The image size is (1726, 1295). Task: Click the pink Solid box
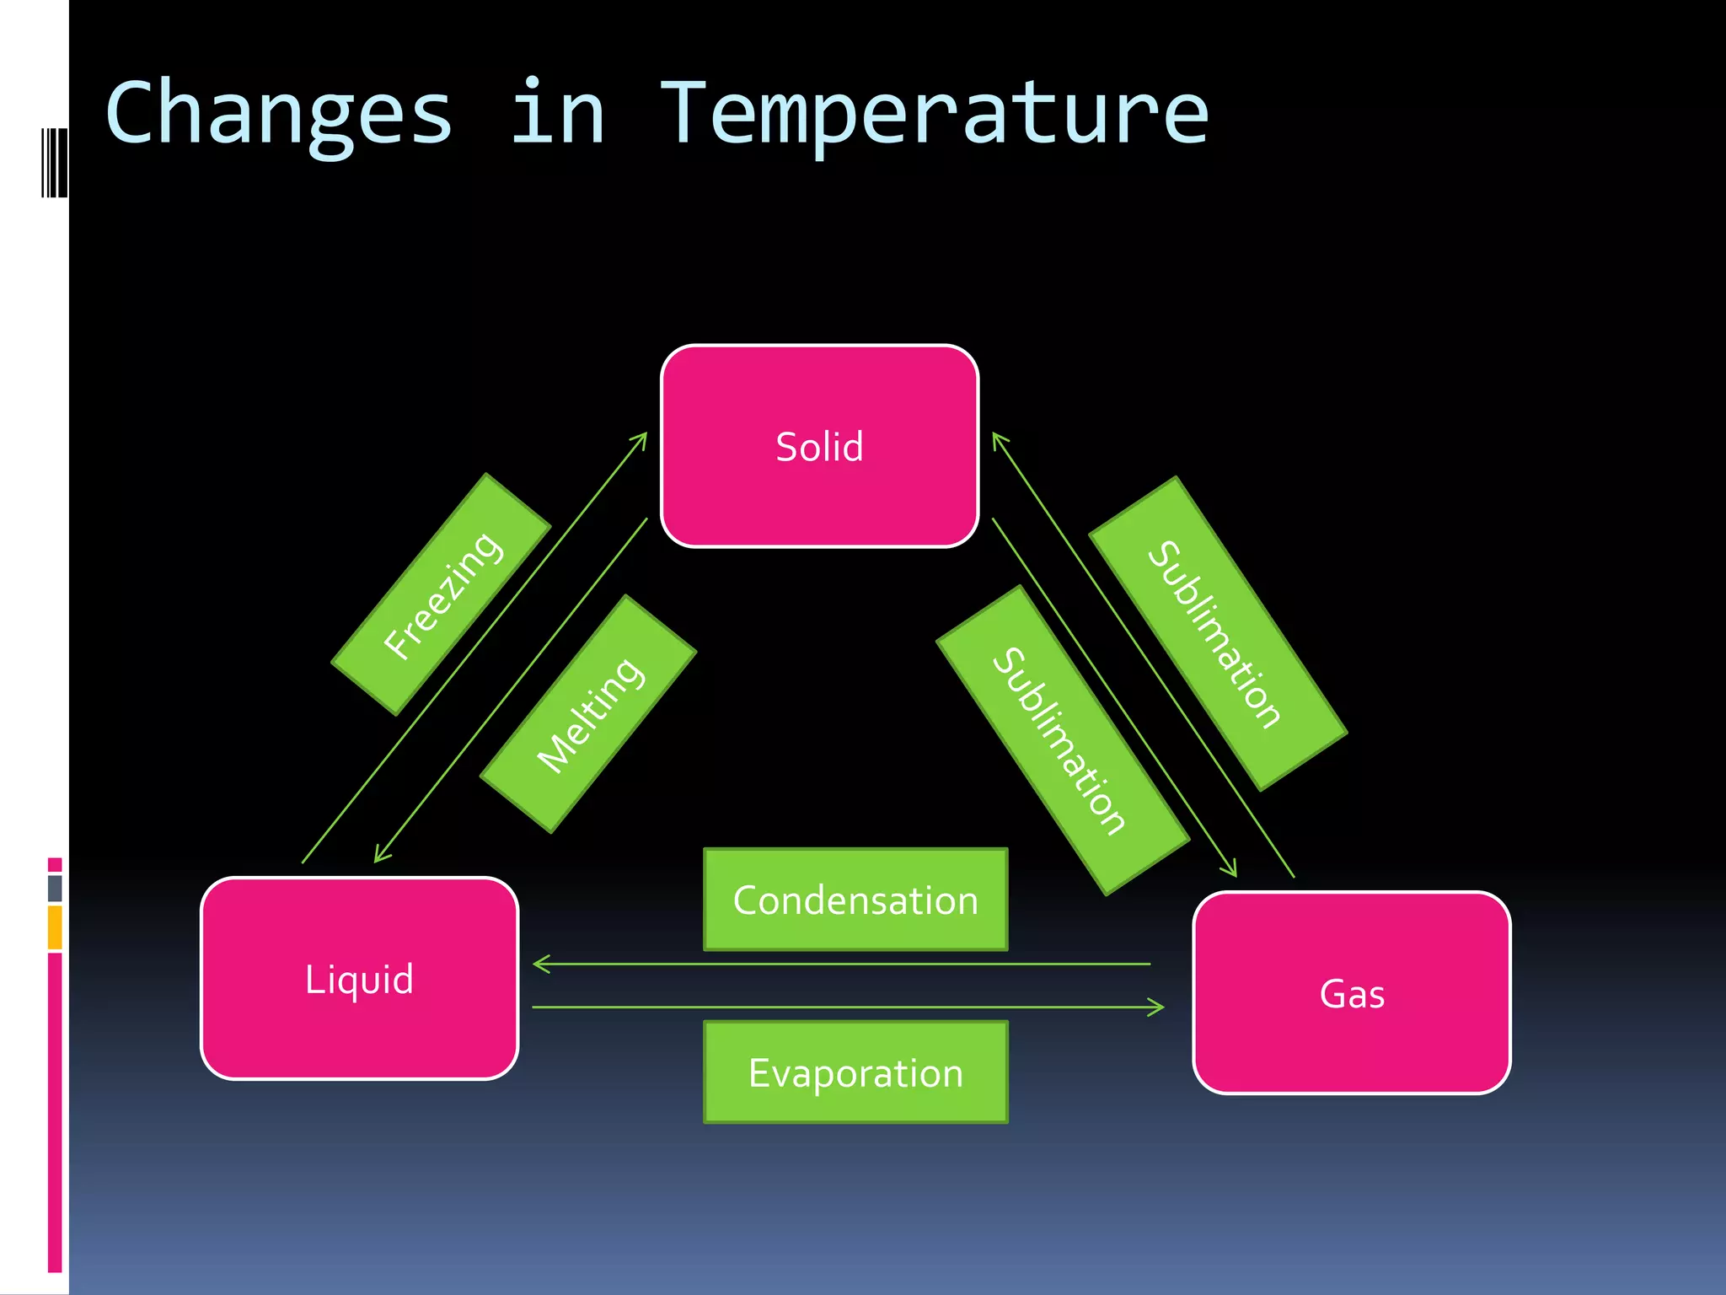[x=819, y=446]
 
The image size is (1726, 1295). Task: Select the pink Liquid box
[x=359, y=978]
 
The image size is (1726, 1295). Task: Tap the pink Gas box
[x=1351, y=992]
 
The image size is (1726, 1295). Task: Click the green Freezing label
[x=442, y=594]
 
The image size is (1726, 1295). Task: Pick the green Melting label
[x=588, y=714]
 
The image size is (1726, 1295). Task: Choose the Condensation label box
[x=855, y=900]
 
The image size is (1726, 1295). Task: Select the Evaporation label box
[x=855, y=1072]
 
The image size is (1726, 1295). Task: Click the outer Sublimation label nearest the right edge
[x=1217, y=633]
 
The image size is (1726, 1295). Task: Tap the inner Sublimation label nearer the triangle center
[x=1062, y=740]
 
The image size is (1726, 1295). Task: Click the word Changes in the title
[x=278, y=114]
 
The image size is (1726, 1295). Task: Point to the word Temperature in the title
[x=933, y=114]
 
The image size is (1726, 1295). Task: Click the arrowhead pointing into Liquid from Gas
[x=539, y=964]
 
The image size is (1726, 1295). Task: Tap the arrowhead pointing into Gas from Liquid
[x=1159, y=1007]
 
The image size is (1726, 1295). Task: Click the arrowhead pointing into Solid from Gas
[x=996, y=438]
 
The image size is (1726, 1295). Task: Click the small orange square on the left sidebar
[x=55, y=927]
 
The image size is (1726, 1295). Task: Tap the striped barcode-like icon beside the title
[x=54, y=163]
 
